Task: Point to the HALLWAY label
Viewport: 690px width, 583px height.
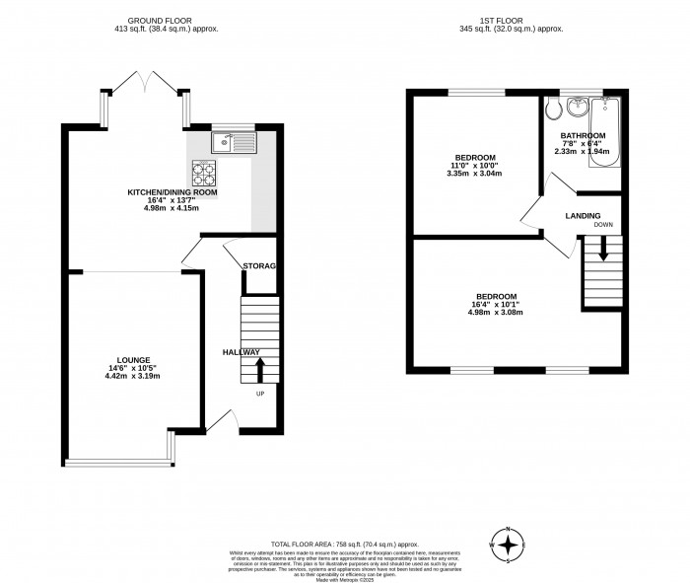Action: [241, 352]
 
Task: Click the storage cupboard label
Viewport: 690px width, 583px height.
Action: [259, 266]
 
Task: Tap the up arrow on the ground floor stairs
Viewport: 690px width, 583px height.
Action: [261, 369]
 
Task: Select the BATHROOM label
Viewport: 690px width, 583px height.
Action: [583, 135]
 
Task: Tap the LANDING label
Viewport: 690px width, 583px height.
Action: [584, 215]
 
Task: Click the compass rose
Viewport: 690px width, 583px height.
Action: [508, 544]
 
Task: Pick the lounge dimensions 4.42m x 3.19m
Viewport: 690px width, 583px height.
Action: [134, 377]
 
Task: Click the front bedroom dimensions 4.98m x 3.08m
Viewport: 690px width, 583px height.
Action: [496, 313]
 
